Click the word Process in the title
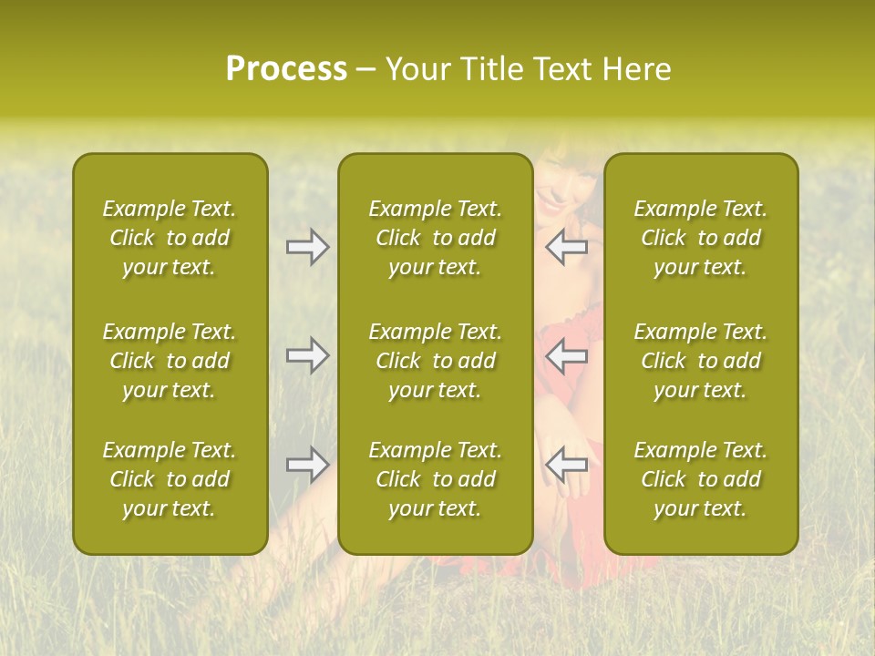point(286,69)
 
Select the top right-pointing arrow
point(308,247)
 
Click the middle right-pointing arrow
point(308,355)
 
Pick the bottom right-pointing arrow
point(308,465)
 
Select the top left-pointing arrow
point(566,247)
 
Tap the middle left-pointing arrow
point(566,355)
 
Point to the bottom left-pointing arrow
point(566,465)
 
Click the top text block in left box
point(170,238)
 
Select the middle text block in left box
point(170,361)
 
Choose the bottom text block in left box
point(170,479)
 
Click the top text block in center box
point(435,238)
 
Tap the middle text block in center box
point(435,361)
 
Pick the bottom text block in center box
point(435,479)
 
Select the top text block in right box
point(700,238)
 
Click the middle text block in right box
point(700,361)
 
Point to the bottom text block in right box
point(700,479)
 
